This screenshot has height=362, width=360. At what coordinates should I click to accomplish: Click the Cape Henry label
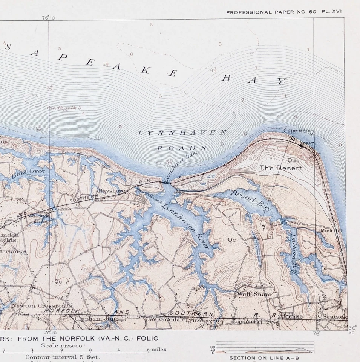coord(299,130)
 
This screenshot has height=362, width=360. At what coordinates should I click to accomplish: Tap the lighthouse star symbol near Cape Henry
coord(301,146)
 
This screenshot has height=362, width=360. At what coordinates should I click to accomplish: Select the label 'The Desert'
coord(281,168)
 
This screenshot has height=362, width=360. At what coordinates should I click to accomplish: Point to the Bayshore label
coord(112,191)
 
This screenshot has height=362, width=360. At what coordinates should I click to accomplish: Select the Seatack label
coord(334,317)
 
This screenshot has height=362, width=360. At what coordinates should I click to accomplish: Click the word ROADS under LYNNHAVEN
coord(182,148)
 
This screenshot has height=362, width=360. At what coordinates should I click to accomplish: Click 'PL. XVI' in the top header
coord(331,12)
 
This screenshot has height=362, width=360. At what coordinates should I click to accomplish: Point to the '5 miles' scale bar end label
coord(157,350)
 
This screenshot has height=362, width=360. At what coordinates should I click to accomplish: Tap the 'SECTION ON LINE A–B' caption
coord(262,358)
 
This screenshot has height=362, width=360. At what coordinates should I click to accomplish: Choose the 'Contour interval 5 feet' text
coord(63,357)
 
